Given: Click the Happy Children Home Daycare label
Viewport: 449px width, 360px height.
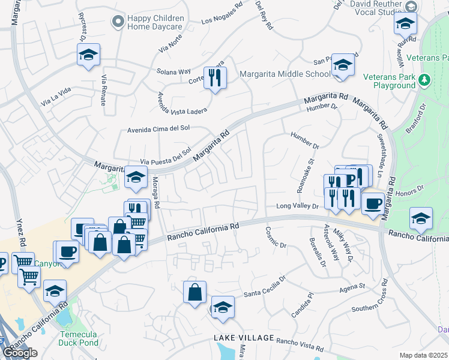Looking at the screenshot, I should [155, 22].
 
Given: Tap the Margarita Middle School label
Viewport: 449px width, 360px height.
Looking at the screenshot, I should [285, 74].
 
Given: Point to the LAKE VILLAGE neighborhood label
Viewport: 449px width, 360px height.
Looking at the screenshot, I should [244, 338].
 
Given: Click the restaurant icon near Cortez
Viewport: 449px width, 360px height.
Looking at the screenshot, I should [215, 77].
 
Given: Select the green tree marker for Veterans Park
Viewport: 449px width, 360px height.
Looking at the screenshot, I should [424, 79].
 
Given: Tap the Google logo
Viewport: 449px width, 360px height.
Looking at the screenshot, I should [20, 353].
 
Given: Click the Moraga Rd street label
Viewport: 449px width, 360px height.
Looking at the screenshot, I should [155, 193].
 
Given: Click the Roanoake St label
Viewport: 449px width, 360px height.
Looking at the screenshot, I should [305, 175].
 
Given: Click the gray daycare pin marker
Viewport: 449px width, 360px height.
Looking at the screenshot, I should [117, 22].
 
